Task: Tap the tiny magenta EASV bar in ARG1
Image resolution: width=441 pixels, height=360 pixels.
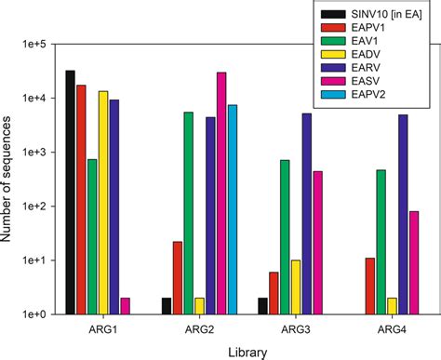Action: [125, 306]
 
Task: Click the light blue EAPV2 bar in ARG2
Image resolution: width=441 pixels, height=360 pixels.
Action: [233, 209]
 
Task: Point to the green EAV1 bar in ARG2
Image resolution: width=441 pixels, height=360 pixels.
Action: [189, 213]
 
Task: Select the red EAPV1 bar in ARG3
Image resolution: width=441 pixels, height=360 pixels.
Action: [274, 293]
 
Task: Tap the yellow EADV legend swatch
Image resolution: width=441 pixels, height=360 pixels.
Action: [331, 55]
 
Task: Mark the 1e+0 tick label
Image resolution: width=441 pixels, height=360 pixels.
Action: [33, 314]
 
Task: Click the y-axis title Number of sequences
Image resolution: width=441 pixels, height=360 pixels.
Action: [8, 178]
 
